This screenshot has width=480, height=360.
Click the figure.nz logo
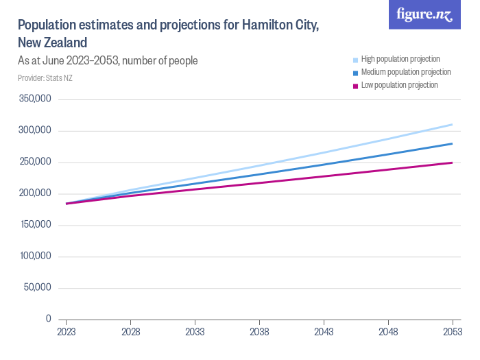click(x=424, y=15)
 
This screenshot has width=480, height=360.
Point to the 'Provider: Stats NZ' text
click(x=45, y=77)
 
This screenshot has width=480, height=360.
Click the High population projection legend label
click(x=400, y=59)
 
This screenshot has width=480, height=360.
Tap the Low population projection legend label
click(x=399, y=85)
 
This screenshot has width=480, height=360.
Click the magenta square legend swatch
click(x=355, y=86)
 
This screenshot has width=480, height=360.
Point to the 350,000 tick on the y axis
click(x=35, y=99)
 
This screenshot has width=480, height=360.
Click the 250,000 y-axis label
click(x=35, y=162)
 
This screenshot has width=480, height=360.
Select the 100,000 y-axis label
click(x=35, y=256)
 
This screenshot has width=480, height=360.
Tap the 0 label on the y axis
click(x=48, y=319)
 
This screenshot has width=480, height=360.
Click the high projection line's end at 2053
click(x=452, y=125)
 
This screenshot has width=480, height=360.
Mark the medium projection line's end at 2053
click(x=452, y=144)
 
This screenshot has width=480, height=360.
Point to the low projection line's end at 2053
click(x=452, y=163)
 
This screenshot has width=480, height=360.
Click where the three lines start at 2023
click(x=67, y=204)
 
